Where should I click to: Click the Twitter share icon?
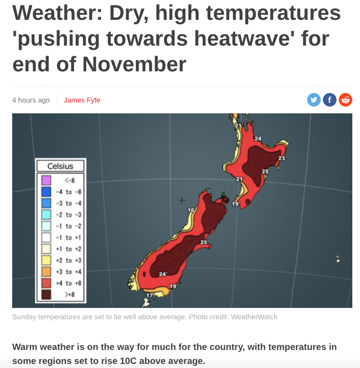point(314,100)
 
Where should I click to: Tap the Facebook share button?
point(330,100)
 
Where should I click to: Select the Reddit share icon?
point(346,100)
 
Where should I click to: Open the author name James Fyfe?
point(82,100)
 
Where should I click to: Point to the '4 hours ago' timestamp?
point(31,100)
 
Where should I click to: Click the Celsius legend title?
point(60,166)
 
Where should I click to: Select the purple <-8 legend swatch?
point(46,180)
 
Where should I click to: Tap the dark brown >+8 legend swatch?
point(46,294)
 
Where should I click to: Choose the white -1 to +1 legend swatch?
point(46,238)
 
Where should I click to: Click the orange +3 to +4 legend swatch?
point(46,272)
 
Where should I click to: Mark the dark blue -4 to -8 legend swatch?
point(46,191)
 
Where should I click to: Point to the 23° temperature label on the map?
point(282,158)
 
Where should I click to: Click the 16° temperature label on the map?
point(191,210)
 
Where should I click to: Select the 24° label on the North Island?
point(258,139)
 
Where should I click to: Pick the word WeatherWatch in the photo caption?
point(254,317)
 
